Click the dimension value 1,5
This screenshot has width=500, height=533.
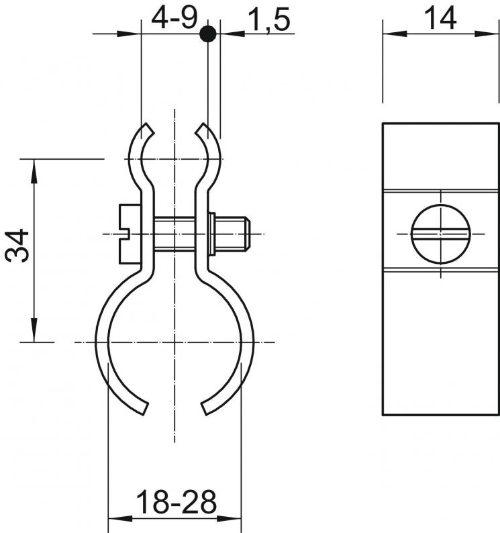tap(269, 20)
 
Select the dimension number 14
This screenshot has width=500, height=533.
tap(440, 19)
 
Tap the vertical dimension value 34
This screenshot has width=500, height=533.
tap(17, 246)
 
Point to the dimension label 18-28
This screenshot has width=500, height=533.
tap(176, 501)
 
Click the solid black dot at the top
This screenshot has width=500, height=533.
tap(208, 34)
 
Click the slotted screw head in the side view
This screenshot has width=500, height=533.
tap(130, 234)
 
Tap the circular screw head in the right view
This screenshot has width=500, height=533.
tap(441, 234)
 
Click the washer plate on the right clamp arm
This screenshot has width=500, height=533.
tap(211, 234)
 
